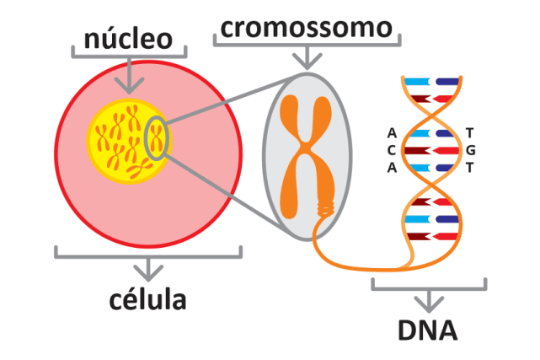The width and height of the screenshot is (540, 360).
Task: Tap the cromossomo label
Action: point(306,28)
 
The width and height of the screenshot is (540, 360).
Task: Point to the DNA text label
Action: point(428,330)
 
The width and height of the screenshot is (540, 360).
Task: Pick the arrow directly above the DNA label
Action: point(428,298)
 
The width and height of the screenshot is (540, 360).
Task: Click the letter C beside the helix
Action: point(392,150)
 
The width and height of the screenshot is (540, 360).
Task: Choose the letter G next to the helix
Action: point(470,150)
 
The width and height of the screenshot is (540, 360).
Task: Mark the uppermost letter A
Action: point(392,133)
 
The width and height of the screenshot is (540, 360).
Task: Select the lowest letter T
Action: point(469,166)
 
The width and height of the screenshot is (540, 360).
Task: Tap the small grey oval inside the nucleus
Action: point(157,138)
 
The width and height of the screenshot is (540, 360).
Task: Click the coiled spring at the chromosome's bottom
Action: point(324,209)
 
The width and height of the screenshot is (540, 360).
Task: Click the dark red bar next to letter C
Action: point(419,150)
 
